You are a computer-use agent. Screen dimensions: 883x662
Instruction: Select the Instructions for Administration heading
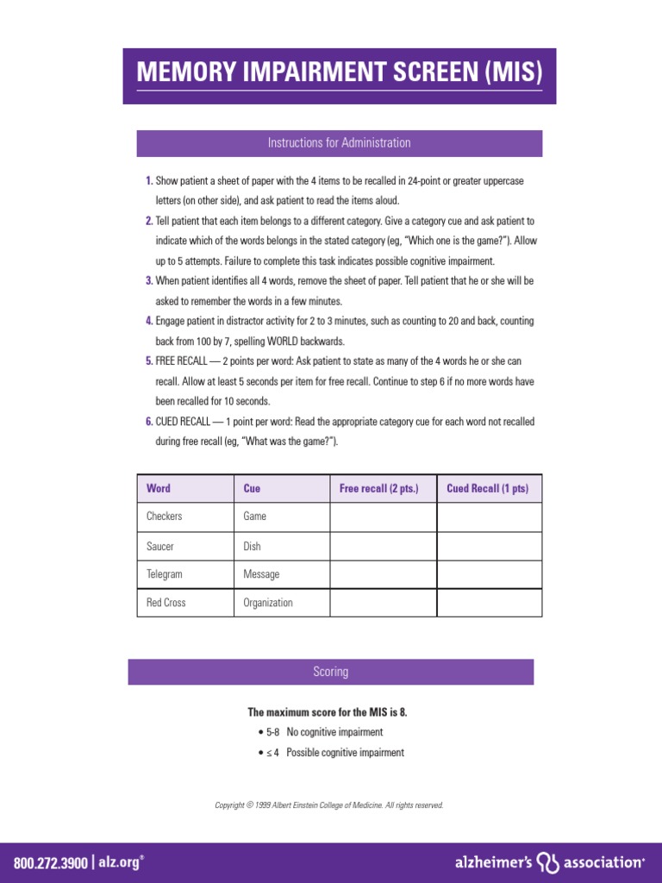[339, 143]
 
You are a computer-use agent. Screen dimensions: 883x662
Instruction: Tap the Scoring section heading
[331, 672]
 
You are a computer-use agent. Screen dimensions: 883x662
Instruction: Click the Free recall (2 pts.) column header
[379, 489]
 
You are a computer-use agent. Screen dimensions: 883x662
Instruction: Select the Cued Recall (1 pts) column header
[488, 489]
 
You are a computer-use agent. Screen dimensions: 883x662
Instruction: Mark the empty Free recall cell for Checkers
[383, 517]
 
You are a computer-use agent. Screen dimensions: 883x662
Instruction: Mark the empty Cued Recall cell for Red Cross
[490, 603]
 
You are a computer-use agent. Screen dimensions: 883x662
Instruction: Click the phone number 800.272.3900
[50, 862]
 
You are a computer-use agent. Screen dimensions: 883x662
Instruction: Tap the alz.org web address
[119, 862]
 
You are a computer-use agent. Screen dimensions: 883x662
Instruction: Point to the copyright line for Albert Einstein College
[329, 805]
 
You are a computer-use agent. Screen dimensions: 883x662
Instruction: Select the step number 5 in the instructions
[149, 360]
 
